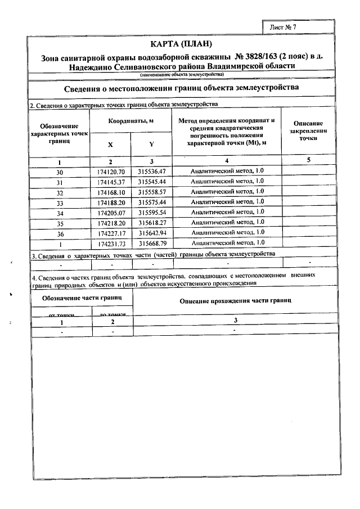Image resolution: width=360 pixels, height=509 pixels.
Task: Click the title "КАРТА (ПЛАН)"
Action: (x=182, y=44)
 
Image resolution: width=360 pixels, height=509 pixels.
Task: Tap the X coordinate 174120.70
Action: (x=110, y=171)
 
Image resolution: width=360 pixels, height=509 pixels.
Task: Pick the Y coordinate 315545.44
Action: (x=152, y=182)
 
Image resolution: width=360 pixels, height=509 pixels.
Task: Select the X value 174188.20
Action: (x=110, y=202)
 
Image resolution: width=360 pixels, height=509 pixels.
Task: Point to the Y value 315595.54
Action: (x=152, y=212)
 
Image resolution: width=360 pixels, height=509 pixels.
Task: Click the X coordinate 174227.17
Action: (x=110, y=232)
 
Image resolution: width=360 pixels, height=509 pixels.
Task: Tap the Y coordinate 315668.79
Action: (x=152, y=242)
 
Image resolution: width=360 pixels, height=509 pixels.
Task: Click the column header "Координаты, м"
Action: (x=131, y=121)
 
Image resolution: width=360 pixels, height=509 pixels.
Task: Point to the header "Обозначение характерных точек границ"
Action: (x=59, y=134)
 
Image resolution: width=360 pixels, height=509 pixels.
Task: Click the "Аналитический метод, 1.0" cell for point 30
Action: (x=227, y=171)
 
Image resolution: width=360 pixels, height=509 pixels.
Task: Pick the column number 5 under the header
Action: (x=308, y=161)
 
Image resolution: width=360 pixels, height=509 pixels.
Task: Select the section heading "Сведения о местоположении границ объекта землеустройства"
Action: (x=182, y=88)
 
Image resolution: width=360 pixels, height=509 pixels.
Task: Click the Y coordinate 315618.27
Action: (x=152, y=222)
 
